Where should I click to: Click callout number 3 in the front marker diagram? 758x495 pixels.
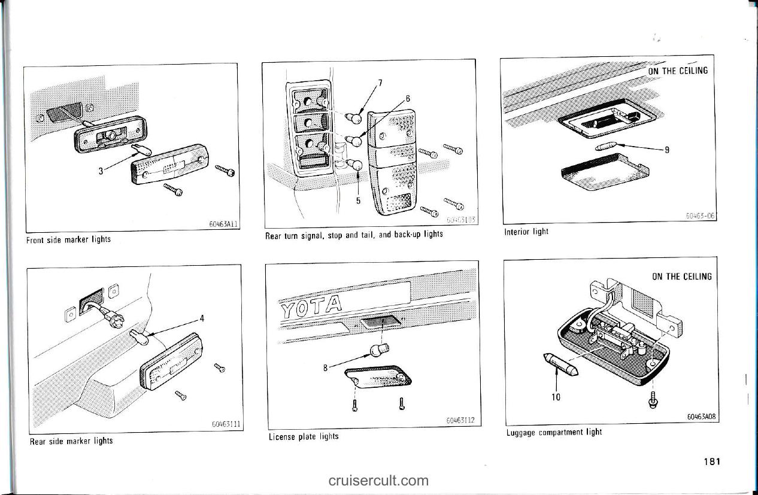[x=101, y=169]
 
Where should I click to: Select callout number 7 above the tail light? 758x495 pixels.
[x=380, y=82]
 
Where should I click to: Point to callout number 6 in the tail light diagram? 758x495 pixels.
[x=408, y=98]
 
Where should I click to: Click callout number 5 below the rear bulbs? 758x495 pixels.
[x=358, y=201]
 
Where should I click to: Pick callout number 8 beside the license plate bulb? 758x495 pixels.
[x=325, y=368]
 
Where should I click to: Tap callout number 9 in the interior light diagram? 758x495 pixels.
[x=666, y=151]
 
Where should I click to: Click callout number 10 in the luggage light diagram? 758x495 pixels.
[x=556, y=396]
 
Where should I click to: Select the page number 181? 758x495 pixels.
[x=712, y=461]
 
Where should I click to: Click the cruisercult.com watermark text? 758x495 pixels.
[x=378, y=480]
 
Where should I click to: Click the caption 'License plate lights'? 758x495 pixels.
[x=303, y=436]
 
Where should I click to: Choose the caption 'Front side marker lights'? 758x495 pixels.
[x=68, y=239]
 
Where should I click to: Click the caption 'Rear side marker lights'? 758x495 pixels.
[x=71, y=441]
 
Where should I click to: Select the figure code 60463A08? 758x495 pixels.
[x=701, y=417]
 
